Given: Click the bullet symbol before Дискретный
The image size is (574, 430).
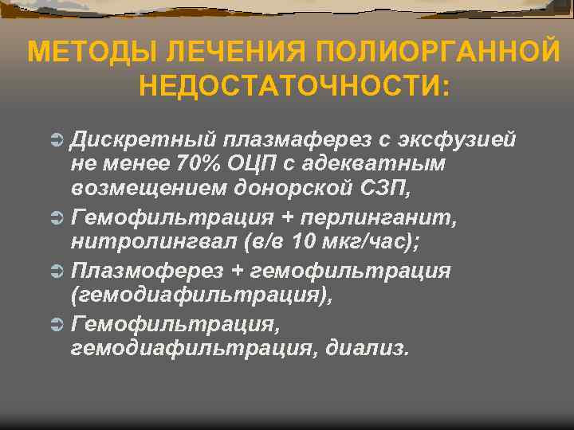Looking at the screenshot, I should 55,141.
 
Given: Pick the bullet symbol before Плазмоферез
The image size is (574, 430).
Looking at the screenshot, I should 55,272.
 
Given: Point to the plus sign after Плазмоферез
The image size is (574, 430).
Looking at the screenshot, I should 237,272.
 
